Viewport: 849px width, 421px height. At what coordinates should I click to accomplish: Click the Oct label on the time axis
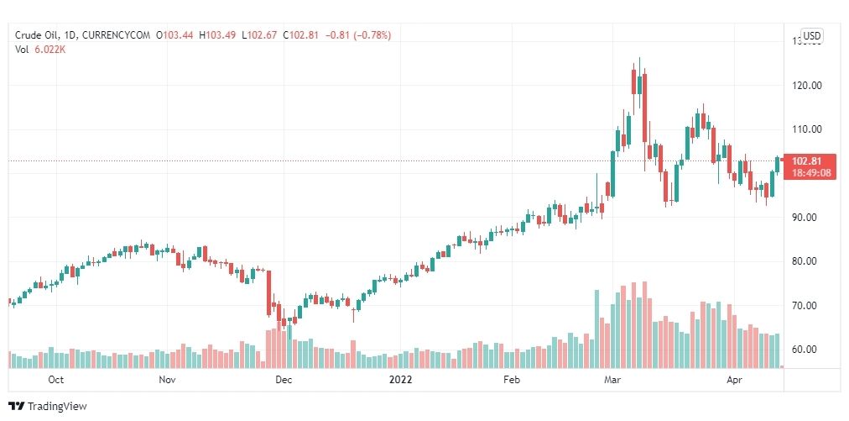[56, 380]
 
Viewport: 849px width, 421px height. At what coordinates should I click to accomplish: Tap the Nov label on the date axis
[166, 380]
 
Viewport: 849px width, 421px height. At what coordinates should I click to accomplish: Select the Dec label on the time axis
[283, 380]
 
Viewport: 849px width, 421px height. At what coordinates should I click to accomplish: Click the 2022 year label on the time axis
[401, 380]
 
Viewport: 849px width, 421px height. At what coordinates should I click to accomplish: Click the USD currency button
[812, 36]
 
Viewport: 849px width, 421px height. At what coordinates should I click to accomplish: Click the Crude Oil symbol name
[39, 34]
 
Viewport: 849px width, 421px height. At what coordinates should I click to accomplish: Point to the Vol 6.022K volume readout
[41, 49]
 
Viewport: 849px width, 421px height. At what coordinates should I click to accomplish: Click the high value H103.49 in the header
[219, 34]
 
